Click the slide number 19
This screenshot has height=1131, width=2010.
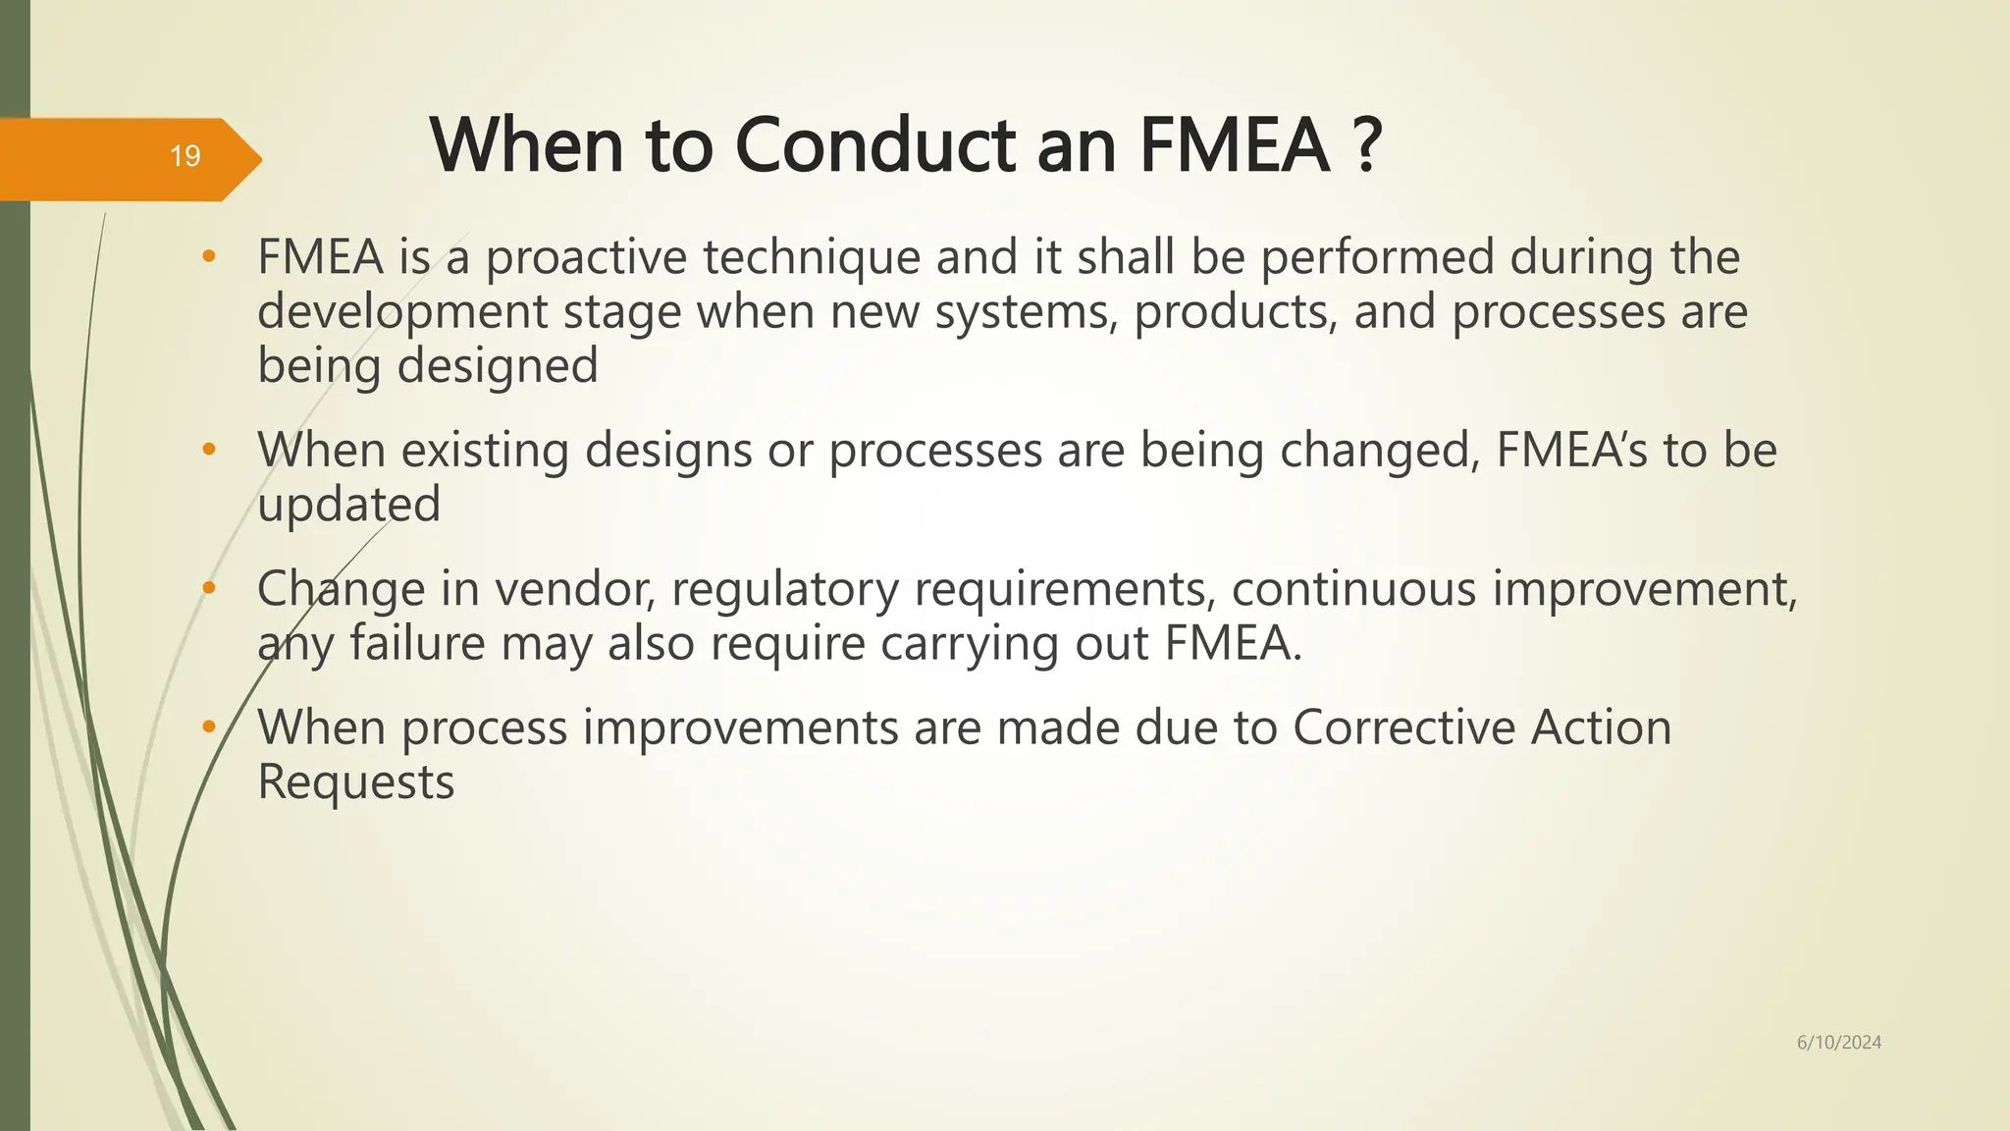pos(185,156)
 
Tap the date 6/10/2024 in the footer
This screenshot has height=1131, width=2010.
pos(1838,1043)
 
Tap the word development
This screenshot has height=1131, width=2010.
pos(402,313)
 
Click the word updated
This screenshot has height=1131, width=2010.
pos(348,505)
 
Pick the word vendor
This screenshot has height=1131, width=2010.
pos(574,589)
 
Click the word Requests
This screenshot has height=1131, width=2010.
pos(355,783)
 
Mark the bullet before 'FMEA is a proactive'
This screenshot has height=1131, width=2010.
pos(208,257)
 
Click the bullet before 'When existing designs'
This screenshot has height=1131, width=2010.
pos(208,451)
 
